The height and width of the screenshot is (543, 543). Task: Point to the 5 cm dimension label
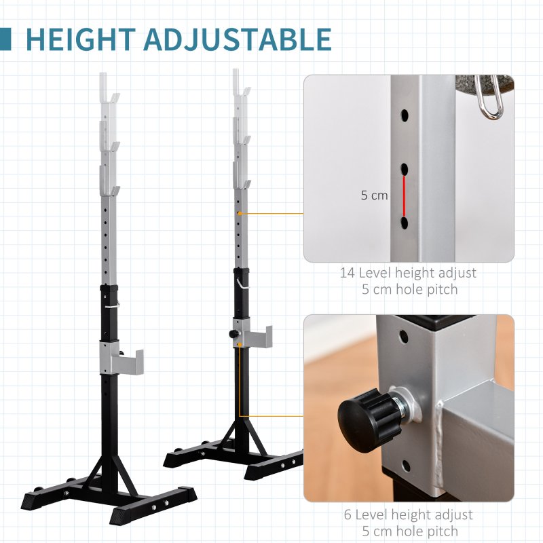374,195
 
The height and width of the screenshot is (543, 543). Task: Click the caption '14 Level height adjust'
408,273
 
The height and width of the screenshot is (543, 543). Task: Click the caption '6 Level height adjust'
407,515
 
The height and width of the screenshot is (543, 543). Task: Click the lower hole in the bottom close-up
405,466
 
